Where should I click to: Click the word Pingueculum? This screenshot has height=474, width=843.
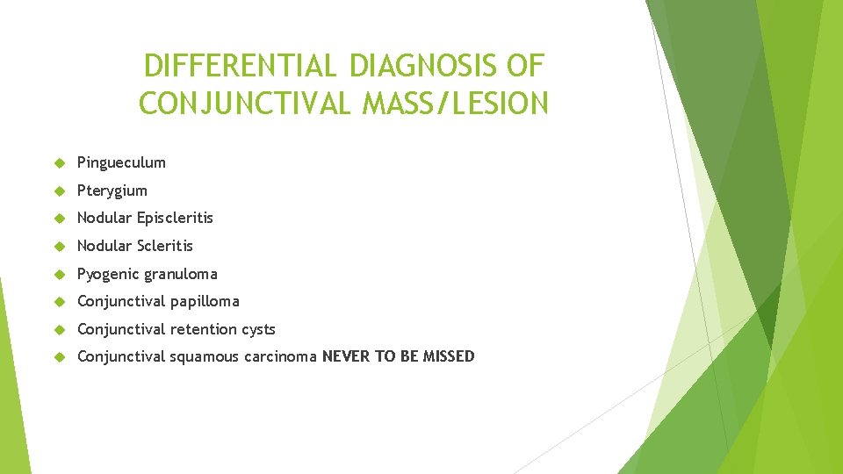(x=121, y=162)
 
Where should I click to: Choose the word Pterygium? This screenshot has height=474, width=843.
(x=112, y=190)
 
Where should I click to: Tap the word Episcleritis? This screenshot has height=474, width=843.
(x=175, y=218)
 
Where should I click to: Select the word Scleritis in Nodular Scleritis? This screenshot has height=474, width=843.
(x=165, y=246)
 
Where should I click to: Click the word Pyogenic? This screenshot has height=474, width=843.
(x=107, y=274)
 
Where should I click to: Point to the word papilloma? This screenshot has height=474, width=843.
(x=205, y=301)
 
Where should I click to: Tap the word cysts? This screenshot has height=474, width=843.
(x=257, y=329)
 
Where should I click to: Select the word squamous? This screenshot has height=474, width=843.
(x=200, y=356)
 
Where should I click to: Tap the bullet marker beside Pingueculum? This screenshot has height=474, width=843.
(x=60, y=162)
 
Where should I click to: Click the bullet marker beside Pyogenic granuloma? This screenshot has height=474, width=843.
(x=60, y=274)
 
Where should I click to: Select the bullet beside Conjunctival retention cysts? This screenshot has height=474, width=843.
(x=60, y=329)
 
